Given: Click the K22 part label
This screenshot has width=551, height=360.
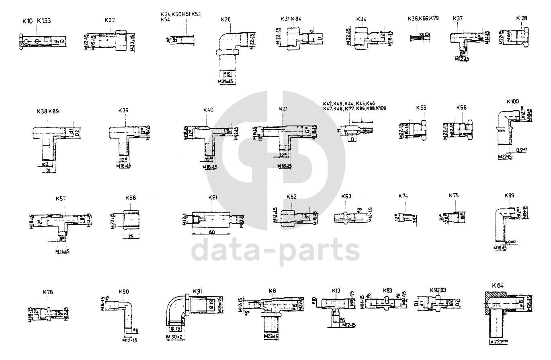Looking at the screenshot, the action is (110, 20).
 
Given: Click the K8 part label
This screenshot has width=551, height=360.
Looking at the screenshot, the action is (272, 290).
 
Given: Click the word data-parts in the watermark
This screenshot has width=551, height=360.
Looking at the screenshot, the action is (276, 250).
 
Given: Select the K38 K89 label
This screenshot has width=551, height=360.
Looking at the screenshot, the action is (48, 111).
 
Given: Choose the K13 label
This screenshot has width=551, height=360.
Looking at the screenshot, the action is (336, 291).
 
